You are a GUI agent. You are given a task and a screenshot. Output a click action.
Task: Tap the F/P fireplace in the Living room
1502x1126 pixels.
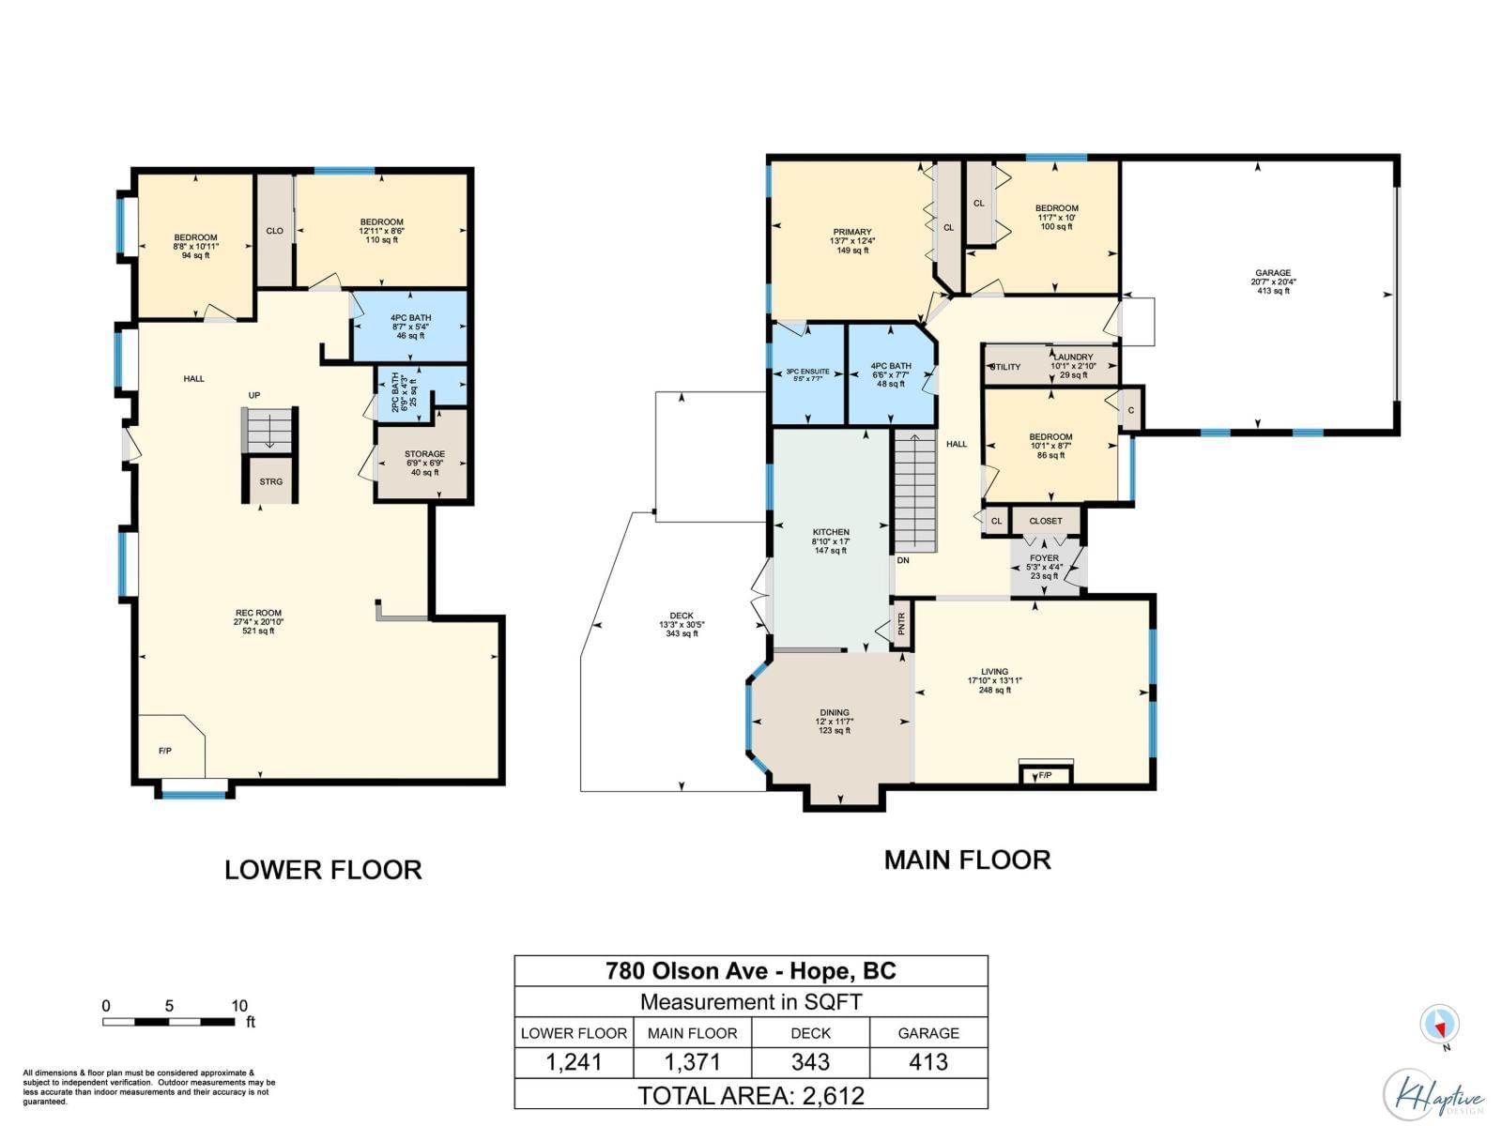(x=1045, y=775)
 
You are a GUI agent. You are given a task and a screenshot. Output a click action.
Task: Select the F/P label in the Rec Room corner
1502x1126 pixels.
(x=165, y=751)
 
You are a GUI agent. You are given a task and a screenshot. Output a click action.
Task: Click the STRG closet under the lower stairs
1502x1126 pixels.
(x=271, y=481)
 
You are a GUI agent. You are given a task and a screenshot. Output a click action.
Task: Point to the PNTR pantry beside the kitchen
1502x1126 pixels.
(x=901, y=623)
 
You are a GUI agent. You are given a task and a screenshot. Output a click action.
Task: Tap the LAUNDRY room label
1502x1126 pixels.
(x=1073, y=358)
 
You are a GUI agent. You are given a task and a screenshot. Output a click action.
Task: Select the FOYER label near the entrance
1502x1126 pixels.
(x=1044, y=558)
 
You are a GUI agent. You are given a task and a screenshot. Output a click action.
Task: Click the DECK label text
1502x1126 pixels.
(x=682, y=616)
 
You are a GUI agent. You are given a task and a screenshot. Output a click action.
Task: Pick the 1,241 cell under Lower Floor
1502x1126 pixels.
(x=574, y=1062)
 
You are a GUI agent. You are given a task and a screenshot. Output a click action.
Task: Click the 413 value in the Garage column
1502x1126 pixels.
(x=928, y=1062)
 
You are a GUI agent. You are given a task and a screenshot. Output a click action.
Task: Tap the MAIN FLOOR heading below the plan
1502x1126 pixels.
(x=967, y=860)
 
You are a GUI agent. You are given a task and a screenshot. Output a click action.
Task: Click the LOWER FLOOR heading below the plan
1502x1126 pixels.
(x=323, y=870)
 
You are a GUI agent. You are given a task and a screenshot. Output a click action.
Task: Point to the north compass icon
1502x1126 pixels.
(x=1439, y=1024)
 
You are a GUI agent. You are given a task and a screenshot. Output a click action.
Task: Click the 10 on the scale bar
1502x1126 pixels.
(x=239, y=1005)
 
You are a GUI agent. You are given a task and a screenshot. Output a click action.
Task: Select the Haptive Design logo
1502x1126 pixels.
(x=1433, y=1094)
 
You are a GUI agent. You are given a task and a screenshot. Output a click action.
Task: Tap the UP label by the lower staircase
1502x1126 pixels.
(x=253, y=395)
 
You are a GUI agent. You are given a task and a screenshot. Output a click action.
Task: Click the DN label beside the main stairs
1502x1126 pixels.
(x=902, y=560)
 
